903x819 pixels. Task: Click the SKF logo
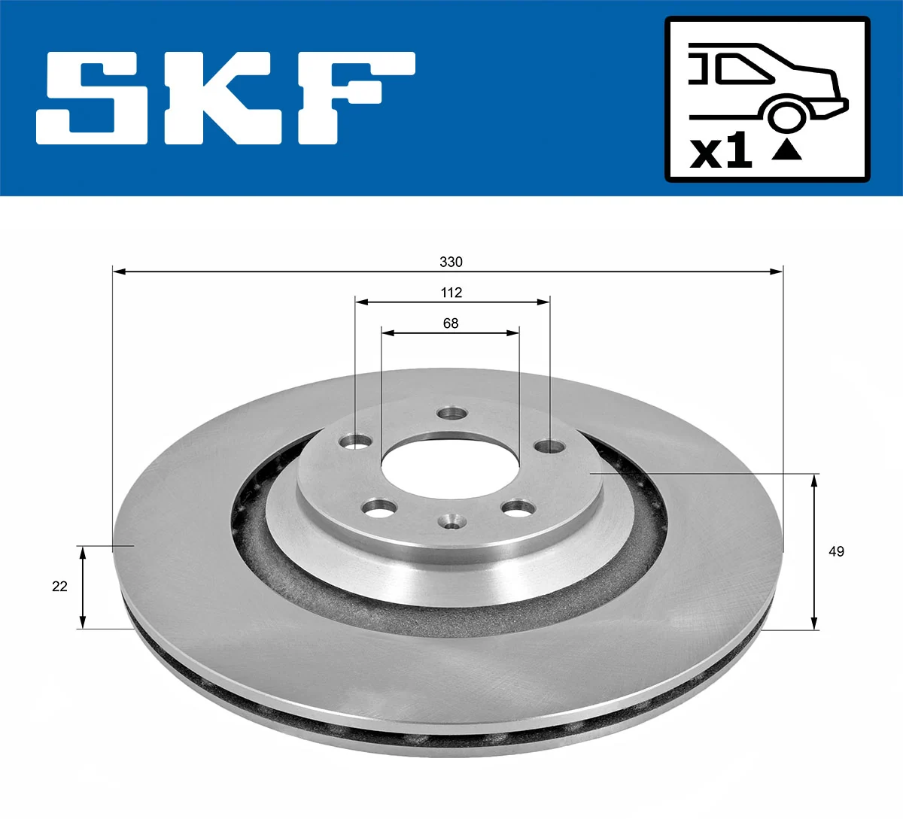point(226,98)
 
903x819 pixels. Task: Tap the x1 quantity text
point(721,152)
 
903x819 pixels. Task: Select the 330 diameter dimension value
point(451,262)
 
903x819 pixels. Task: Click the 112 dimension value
point(451,293)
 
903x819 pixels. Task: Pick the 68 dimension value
point(450,323)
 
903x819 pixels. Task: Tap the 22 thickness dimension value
point(59,586)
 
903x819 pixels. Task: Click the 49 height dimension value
point(836,551)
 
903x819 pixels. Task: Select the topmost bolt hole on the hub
point(452,413)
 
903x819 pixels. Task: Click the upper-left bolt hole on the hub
point(355,441)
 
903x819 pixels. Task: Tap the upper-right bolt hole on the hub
point(550,447)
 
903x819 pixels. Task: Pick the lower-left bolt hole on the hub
point(379,509)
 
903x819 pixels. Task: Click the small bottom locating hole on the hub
point(451,521)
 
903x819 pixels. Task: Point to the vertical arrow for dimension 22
point(83,587)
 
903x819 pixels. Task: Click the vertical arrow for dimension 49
point(813,551)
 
